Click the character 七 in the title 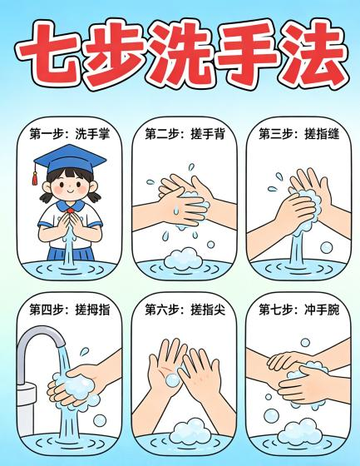point(49,53)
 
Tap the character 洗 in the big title point(180,53)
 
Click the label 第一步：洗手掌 point(70,134)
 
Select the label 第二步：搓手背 point(185,134)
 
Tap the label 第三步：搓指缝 point(298,134)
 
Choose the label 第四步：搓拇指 point(70,310)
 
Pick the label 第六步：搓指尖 point(185,310)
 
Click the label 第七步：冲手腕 point(298,310)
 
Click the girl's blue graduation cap point(70,158)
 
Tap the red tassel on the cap point(35,178)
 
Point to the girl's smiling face point(70,186)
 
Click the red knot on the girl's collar point(70,211)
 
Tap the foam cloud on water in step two point(182,259)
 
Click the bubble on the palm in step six point(172,380)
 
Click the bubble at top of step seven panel point(305,342)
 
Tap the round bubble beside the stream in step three point(327,247)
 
